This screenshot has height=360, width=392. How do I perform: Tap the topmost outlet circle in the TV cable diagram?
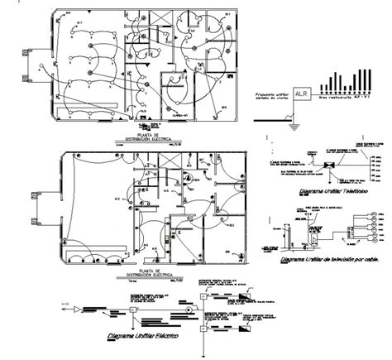[372, 214]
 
